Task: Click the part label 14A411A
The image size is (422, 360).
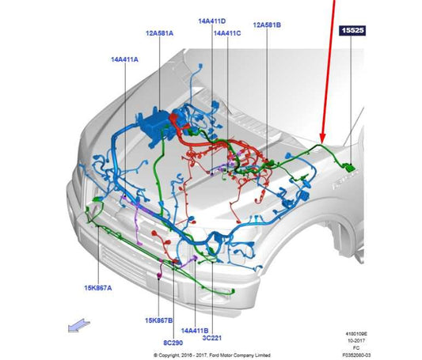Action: pos(124,59)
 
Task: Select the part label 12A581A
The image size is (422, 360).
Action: pos(160,33)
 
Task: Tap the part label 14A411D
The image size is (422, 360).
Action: pos(212,21)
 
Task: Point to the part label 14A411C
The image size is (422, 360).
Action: pos(227,33)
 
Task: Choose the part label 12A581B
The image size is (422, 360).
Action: pos(267,25)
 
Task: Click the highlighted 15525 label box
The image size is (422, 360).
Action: pos(352,30)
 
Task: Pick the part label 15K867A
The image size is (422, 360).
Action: pos(98,288)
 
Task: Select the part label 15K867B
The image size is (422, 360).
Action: pos(159,320)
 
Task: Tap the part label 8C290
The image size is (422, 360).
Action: pos(173,343)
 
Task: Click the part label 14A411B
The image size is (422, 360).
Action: pos(195,331)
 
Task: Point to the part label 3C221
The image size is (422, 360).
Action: pos(212,338)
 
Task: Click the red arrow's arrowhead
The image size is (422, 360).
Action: pos(322,138)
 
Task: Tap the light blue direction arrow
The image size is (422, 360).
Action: pos(79,325)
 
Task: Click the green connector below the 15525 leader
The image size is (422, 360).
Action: pos(350,167)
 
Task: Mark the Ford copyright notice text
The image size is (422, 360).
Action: pos(212,355)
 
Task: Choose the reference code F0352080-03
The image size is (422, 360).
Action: pos(356,355)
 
